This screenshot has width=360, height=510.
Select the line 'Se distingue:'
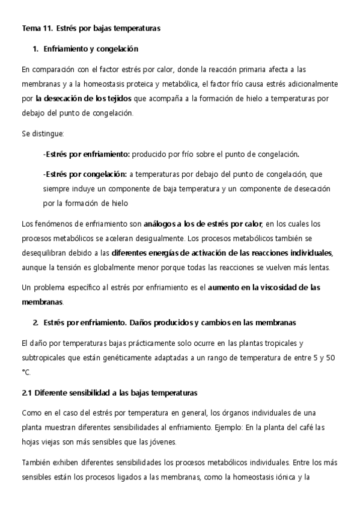click(x=42, y=133)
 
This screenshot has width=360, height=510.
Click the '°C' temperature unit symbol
click(x=25, y=372)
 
